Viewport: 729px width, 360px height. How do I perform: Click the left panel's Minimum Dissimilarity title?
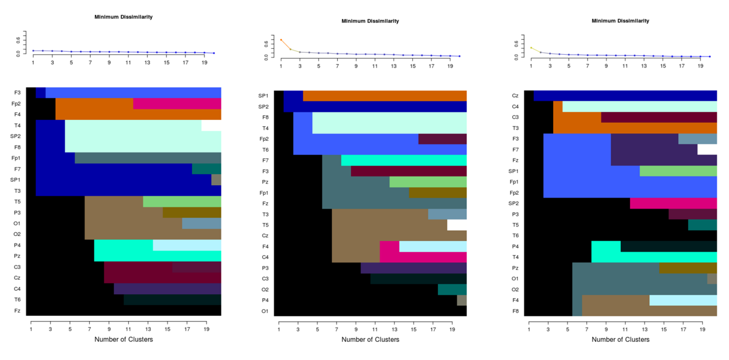pos(123,17)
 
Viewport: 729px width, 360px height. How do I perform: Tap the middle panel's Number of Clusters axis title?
pos(370,339)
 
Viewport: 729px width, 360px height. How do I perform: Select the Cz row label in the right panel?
pos(515,96)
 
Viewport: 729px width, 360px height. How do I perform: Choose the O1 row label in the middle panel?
pos(264,311)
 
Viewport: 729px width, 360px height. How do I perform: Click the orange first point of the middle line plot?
pos(281,40)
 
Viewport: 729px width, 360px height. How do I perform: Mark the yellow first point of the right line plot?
pos(531,48)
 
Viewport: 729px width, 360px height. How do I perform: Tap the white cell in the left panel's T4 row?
pos(211,125)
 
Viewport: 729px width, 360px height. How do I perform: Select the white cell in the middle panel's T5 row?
pos(456,225)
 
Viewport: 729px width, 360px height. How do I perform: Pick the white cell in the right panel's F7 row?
pos(707,150)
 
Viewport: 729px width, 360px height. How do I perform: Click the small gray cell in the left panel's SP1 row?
pos(216,180)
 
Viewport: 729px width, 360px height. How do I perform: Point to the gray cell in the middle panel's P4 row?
pos(462,300)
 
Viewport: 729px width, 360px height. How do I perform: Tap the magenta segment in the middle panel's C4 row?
pos(423,257)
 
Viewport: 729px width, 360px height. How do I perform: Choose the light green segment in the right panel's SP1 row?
pos(678,171)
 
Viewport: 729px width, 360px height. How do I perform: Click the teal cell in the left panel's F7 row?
pos(206,169)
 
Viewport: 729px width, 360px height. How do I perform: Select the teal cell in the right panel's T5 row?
pos(702,225)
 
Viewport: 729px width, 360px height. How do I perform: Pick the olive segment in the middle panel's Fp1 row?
pos(437,193)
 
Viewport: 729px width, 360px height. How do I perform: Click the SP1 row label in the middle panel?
pos(263,96)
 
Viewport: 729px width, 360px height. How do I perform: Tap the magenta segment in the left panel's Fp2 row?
pos(177,104)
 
